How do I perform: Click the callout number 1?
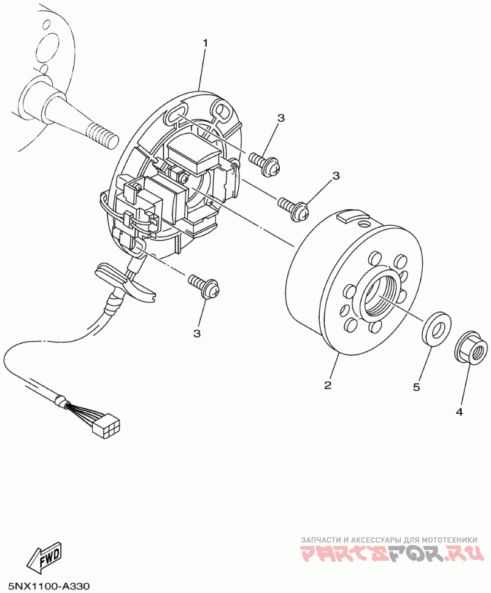pos(206,43)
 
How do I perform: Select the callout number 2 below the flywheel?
pos(328,385)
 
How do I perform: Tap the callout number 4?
pos(459,413)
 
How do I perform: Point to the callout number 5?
pos(416,387)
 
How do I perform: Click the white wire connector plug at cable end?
pos(106,426)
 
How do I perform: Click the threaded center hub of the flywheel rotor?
pos(381,297)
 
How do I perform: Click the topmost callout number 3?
pos(281,118)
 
